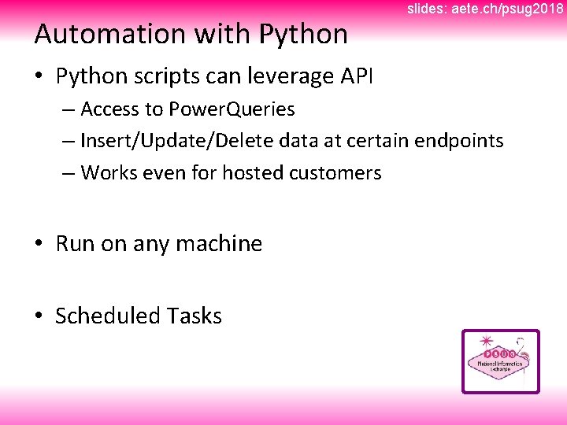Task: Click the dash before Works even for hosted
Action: (67, 172)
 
